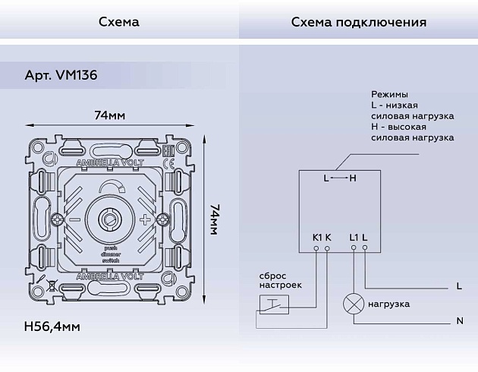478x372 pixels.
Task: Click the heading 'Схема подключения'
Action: pyautogui.click(x=358, y=21)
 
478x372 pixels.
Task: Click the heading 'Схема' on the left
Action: pyautogui.click(x=119, y=21)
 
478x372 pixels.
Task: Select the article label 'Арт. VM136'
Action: pyautogui.click(x=61, y=76)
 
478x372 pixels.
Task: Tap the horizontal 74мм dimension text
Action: pyautogui.click(x=110, y=115)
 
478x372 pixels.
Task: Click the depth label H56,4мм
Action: pyautogui.click(x=52, y=326)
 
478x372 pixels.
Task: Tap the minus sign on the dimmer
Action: pyautogui.click(x=74, y=220)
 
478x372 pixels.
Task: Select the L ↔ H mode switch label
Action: pyautogui.click(x=339, y=178)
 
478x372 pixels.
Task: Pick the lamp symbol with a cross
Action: pyautogui.click(x=353, y=304)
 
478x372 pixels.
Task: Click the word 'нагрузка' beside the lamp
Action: pyautogui.click(x=389, y=304)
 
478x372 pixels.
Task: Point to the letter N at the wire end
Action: pyautogui.click(x=459, y=321)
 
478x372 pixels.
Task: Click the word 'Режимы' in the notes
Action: pyautogui.click(x=389, y=93)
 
